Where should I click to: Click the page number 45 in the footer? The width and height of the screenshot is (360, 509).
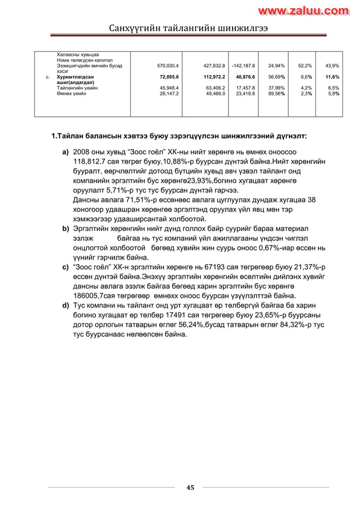190,488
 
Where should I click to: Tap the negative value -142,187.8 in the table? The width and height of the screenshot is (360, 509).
243,66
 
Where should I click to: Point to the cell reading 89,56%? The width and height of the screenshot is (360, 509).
276,94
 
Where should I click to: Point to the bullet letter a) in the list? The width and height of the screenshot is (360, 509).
65,152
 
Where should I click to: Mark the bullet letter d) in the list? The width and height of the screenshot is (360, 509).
65,305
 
